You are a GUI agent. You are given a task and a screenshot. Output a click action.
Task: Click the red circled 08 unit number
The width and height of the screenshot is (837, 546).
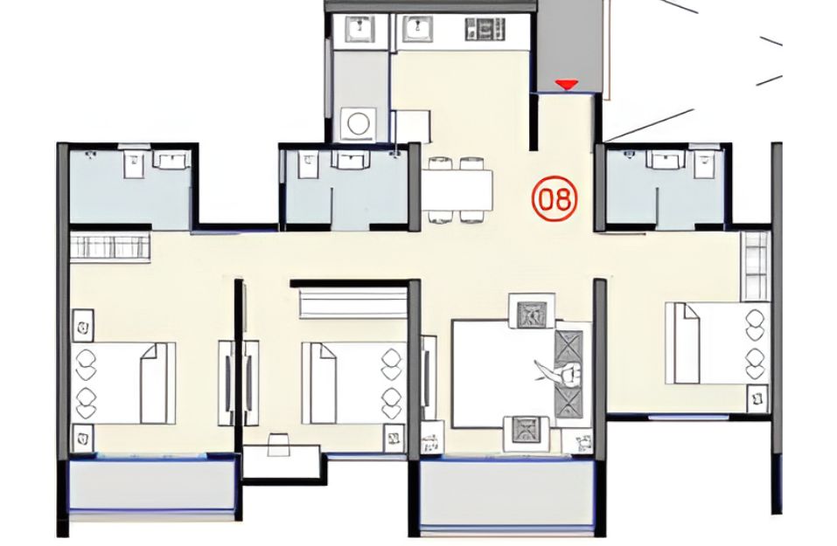point(555,198)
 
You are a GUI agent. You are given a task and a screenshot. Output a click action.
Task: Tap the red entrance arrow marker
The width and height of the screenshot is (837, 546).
point(566,85)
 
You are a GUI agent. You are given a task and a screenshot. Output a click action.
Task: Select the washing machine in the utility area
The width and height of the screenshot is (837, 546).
point(358,123)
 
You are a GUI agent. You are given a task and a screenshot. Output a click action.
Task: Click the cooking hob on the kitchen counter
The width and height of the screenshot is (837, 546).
point(485,29)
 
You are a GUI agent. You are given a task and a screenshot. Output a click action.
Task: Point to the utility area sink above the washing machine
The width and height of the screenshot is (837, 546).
point(359,29)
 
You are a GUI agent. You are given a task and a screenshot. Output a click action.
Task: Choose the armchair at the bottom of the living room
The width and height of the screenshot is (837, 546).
point(527,433)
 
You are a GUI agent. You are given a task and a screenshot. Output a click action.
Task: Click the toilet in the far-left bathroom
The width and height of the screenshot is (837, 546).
point(134,163)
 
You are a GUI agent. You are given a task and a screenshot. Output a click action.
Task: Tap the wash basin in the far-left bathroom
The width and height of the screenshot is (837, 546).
point(171,160)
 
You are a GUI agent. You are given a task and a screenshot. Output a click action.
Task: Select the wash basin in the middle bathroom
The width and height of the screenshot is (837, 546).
point(350,159)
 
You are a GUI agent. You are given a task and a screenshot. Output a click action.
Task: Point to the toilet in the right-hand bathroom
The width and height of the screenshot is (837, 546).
point(702,162)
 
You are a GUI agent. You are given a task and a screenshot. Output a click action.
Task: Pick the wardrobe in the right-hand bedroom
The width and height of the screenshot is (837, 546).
point(756,266)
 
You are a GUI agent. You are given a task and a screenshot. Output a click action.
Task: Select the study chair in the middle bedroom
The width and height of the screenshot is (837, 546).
point(277,445)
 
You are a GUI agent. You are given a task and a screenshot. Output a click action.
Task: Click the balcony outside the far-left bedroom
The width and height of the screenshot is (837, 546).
point(152,486)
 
